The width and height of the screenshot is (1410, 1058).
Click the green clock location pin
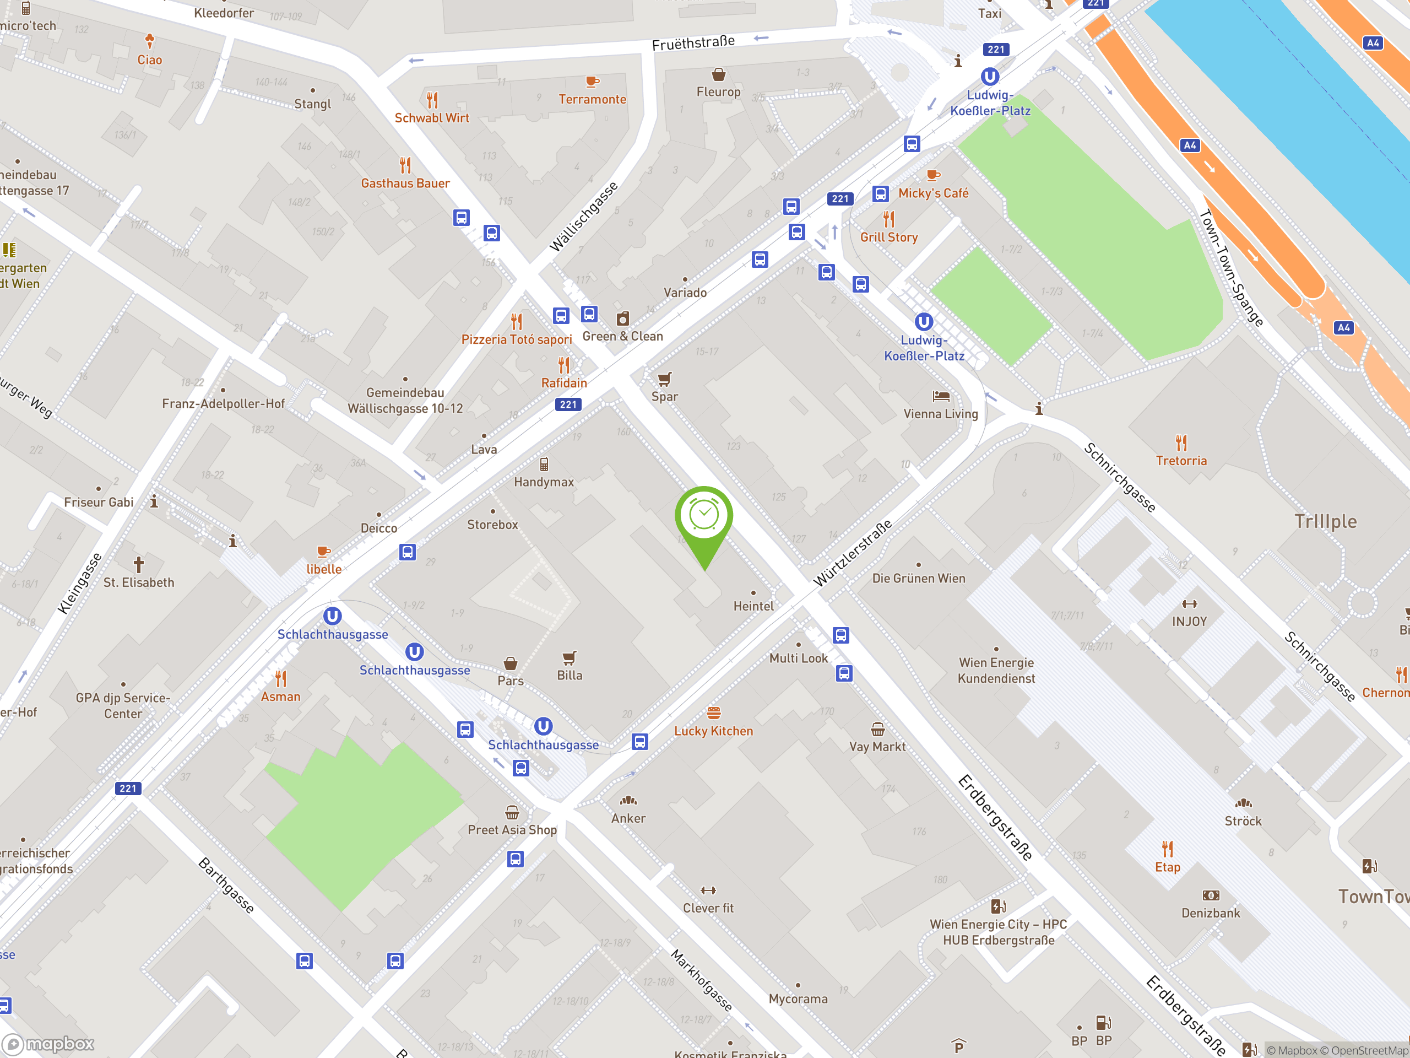click(704, 516)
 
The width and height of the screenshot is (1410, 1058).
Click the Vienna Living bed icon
click(941, 397)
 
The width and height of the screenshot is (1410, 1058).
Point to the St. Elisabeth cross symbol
click(138, 564)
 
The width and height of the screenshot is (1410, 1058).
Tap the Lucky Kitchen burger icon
click(713, 713)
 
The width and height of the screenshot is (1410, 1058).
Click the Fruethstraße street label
click(693, 43)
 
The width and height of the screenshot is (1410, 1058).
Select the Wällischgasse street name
click(583, 217)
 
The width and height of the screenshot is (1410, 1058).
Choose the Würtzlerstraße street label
click(852, 553)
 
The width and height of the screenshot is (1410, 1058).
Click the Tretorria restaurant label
click(1181, 461)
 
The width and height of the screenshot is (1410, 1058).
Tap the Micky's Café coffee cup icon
click(933, 175)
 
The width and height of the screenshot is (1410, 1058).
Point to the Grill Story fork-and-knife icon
click(888, 219)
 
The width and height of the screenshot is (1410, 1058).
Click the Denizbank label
click(1211, 913)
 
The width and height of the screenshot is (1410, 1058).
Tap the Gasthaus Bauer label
click(405, 183)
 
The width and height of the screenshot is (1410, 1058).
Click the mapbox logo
click(48, 1044)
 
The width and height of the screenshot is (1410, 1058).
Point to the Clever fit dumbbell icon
click(708, 890)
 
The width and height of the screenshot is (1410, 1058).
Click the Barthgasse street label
click(226, 885)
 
